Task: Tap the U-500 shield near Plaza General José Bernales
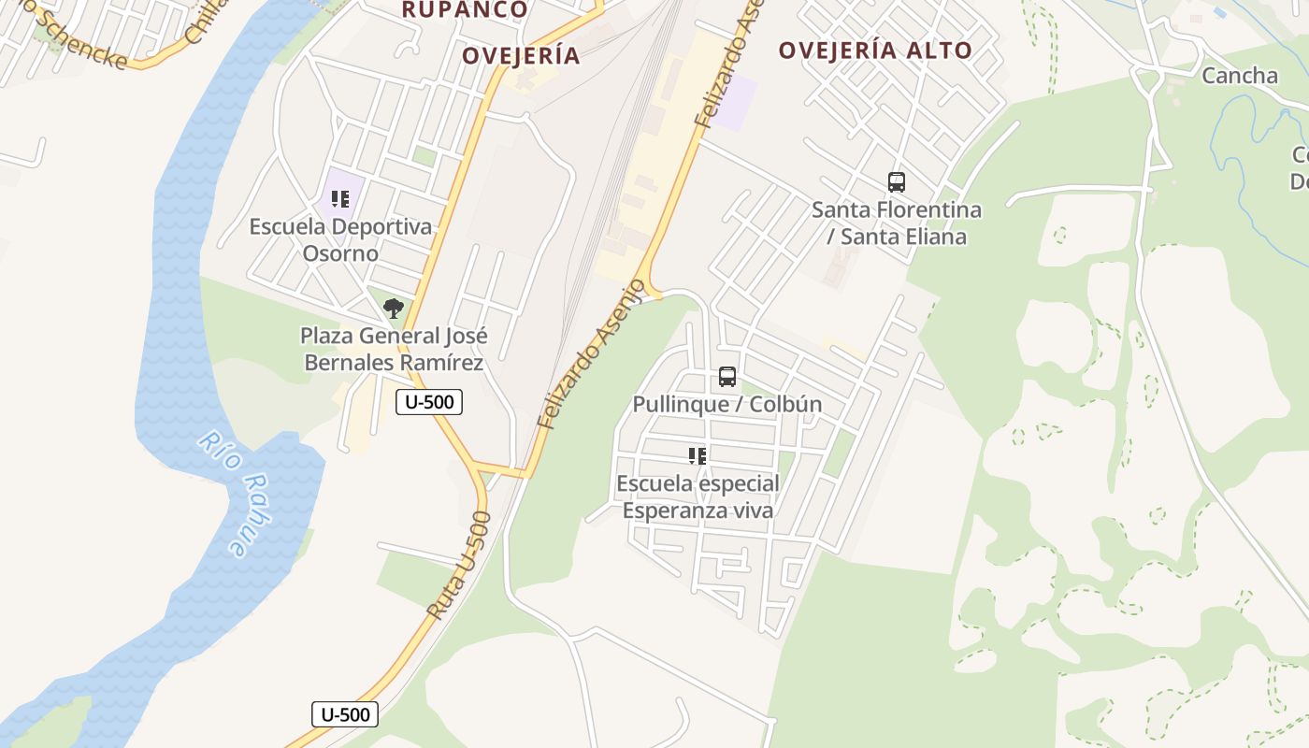coord(429,403)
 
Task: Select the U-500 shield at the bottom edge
coord(345,714)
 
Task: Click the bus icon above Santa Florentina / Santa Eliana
coord(896,182)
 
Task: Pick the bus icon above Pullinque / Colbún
coord(726,377)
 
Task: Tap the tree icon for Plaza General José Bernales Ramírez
coord(394,308)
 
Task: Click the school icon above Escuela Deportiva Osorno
coord(340,198)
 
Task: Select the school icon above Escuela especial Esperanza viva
coord(697,456)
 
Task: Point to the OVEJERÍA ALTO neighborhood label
coord(875,50)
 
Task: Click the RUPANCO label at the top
coord(465,10)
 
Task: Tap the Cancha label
coord(1239,76)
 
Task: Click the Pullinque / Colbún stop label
coord(727,404)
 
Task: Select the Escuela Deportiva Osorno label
coord(340,239)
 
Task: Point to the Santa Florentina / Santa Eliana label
coord(897,223)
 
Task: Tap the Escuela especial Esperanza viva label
coord(698,497)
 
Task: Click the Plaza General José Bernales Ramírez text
coord(394,349)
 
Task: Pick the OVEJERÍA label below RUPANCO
coord(521,56)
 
